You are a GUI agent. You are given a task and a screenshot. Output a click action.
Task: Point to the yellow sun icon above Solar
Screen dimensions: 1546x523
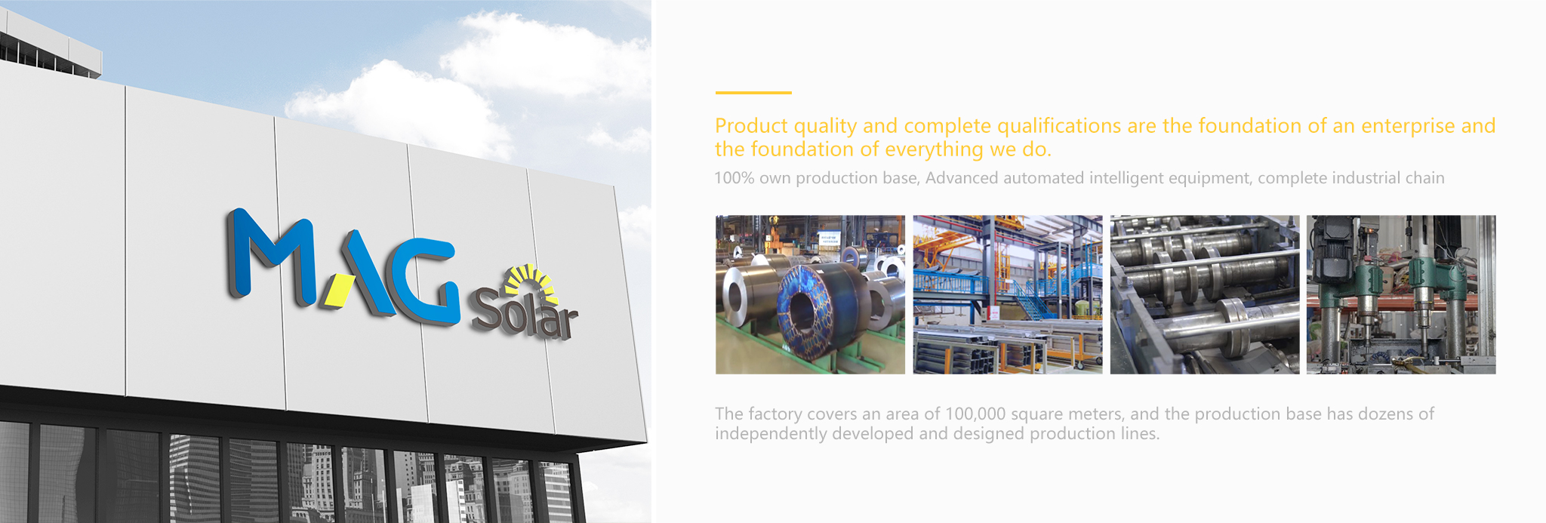pos(531,281)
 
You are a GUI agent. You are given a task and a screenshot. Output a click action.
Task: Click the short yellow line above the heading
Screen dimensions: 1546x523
pos(753,93)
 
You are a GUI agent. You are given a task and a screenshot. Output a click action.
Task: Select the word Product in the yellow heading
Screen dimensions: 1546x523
pos(751,125)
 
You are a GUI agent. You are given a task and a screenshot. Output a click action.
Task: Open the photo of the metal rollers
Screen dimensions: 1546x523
pos(1205,294)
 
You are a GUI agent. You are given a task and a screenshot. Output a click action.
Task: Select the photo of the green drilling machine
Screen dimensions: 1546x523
pos(1401,294)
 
